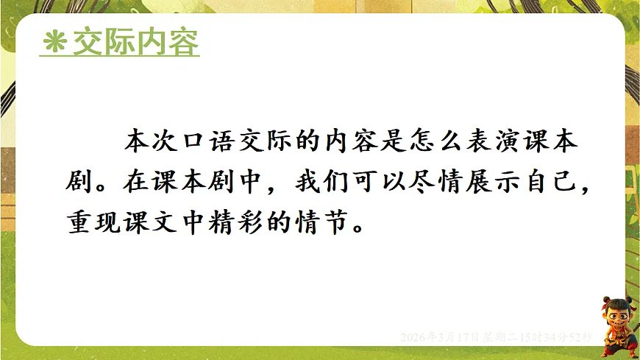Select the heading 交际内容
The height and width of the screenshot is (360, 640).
pyautogui.click(x=135, y=43)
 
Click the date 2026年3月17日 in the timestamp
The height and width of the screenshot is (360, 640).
pyautogui.click(x=440, y=336)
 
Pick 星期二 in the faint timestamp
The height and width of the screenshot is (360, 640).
pyautogui.click(x=501, y=336)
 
